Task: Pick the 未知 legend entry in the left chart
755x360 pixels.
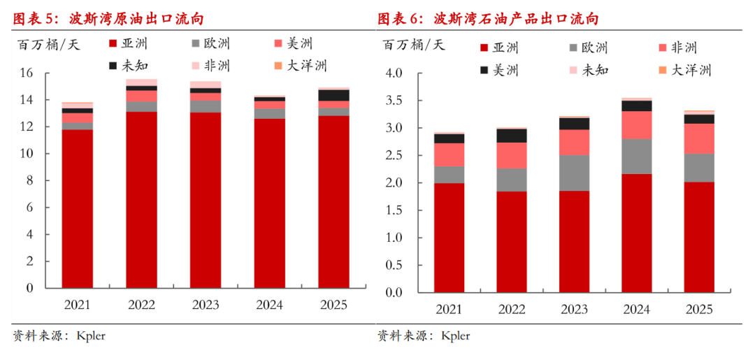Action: (x=129, y=66)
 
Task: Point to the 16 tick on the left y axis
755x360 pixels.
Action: (x=27, y=73)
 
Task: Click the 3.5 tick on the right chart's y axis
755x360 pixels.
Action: (x=393, y=101)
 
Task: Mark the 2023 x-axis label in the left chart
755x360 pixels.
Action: (x=205, y=305)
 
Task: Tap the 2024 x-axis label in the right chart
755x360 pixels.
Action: (x=637, y=309)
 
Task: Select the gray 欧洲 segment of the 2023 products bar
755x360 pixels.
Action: (x=574, y=173)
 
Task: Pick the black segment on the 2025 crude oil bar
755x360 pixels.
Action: (x=333, y=95)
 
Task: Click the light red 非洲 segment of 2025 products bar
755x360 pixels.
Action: (x=699, y=138)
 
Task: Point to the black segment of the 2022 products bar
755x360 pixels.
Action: (x=512, y=136)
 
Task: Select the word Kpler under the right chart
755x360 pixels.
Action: (x=455, y=336)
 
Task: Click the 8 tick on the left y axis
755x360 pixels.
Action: (x=29, y=180)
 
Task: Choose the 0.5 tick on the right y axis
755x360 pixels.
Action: (x=393, y=265)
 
